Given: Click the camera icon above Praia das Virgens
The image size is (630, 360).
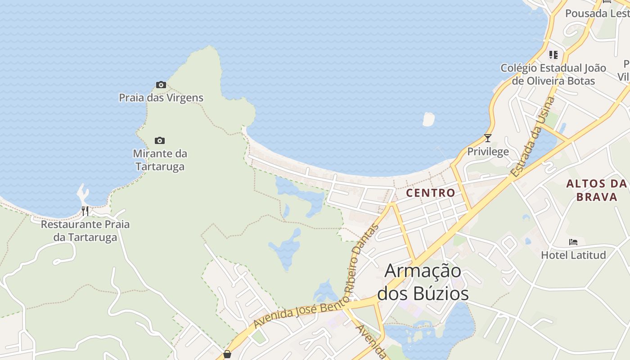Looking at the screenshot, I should pyautogui.click(x=161, y=85).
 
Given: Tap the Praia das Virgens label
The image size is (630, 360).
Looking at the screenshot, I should pyautogui.click(x=161, y=98).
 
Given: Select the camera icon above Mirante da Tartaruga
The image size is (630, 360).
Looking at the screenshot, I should pyautogui.click(x=160, y=140).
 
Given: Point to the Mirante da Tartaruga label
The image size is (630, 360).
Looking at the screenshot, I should pyautogui.click(x=160, y=160).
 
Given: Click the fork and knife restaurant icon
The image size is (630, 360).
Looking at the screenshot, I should pyautogui.click(x=85, y=211).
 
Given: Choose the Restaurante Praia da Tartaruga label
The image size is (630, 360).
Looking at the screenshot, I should pyautogui.click(x=85, y=231).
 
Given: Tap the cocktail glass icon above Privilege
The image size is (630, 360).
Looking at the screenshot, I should pyautogui.click(x=487, y=138).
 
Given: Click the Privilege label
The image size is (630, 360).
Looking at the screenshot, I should pyautogui.click(x=488, y=152).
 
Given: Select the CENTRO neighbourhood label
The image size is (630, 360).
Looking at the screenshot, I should pyautogui.click(x=431, y=193).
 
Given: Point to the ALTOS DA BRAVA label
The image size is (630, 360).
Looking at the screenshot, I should pyautogui.click(x=597, y=190).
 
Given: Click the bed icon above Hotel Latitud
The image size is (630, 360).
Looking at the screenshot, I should pyautogui.click(x=573, y=242).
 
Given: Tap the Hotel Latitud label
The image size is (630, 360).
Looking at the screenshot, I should pyautogui.click(x=573, y=255).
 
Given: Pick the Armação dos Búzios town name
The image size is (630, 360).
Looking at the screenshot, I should pyautogui.click(x=423, y=282).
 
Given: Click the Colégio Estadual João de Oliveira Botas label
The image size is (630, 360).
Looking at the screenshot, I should pyautogui.click(x=553, y=74).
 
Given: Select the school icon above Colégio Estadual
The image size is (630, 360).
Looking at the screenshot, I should pyautogui.click(x=553, y=55).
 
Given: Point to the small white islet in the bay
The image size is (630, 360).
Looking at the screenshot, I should pyautogui.click(x=428, y=119).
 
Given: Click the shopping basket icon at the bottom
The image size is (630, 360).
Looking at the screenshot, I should pyautogui.click(x=227, y=354).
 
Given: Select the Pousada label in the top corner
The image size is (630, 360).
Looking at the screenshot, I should pyautogui.click(x=597, y=13).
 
